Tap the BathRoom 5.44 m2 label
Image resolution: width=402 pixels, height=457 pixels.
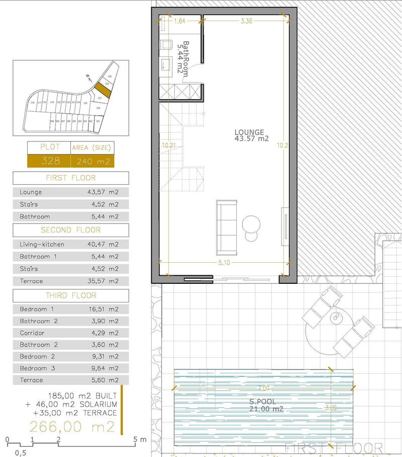coord(182,58)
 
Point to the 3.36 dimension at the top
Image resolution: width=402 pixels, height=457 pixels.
coord(246,21)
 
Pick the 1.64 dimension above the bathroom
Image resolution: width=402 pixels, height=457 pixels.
coord(179,21)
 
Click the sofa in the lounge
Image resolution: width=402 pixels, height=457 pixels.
coord(227,227)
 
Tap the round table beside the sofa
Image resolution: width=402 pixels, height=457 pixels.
coord(251,223)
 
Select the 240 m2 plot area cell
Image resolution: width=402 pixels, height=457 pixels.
coord(92,161)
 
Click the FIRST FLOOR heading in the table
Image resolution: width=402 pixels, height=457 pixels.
coord(70,178)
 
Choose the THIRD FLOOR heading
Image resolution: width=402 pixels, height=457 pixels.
coord(70,295)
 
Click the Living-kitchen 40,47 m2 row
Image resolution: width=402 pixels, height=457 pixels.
coord(70,244)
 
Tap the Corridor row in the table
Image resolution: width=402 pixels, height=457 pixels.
coord(70,333)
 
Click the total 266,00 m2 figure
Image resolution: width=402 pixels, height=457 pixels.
coord(72,427)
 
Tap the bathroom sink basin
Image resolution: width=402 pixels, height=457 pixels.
coord(165,64)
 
